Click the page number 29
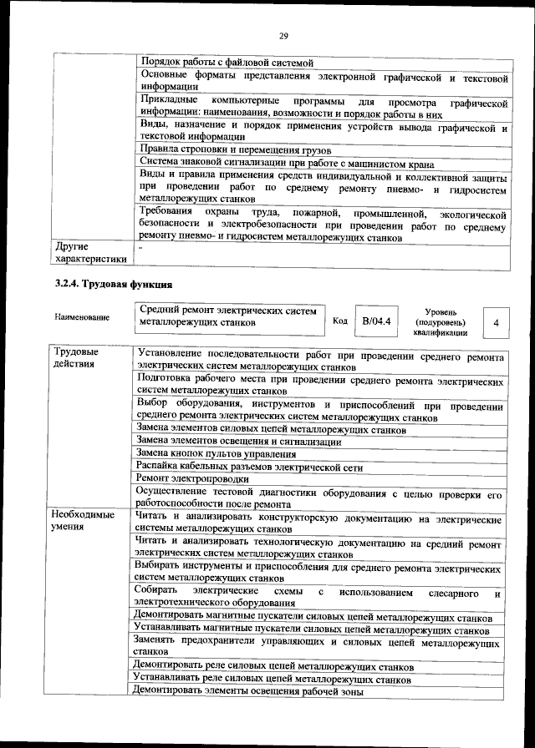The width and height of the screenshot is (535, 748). [x=283, y=34]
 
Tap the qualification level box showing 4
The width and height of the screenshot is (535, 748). [x=497, y=322]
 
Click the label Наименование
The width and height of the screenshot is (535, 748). [x=82, y=317]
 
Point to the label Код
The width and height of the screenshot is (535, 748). [x=340, y=321]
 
